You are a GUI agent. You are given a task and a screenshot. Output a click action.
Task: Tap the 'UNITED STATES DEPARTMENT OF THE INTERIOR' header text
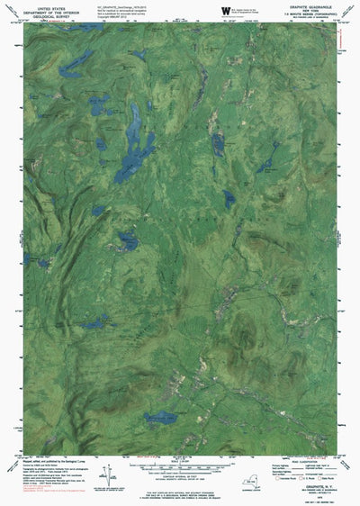tap(42, 9)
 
